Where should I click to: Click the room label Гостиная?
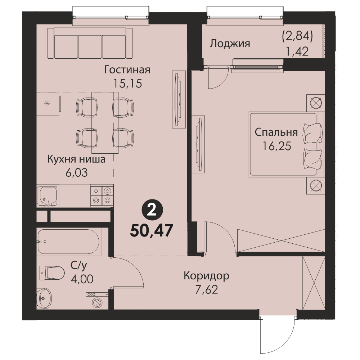tap(127, 70)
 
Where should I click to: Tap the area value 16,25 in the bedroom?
tap(276, 146)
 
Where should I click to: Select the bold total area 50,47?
tap(151, 230)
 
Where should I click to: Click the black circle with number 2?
tap(152, 211)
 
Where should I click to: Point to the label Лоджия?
tap(230, 44)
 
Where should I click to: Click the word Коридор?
tap(206, 275)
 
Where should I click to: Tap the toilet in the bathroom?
tap(51, 273)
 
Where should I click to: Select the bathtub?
tap(69, 242)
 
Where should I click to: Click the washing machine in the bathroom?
tap(97, 301)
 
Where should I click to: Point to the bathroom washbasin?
tap(44, 298)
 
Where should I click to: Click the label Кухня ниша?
tap(76, 159)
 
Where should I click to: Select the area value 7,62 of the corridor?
tap(206, 290)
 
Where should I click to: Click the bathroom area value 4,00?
tap(82, 279)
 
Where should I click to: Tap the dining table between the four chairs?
tap(105, 123)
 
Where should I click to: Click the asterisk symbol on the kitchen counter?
tap(47, 104)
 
